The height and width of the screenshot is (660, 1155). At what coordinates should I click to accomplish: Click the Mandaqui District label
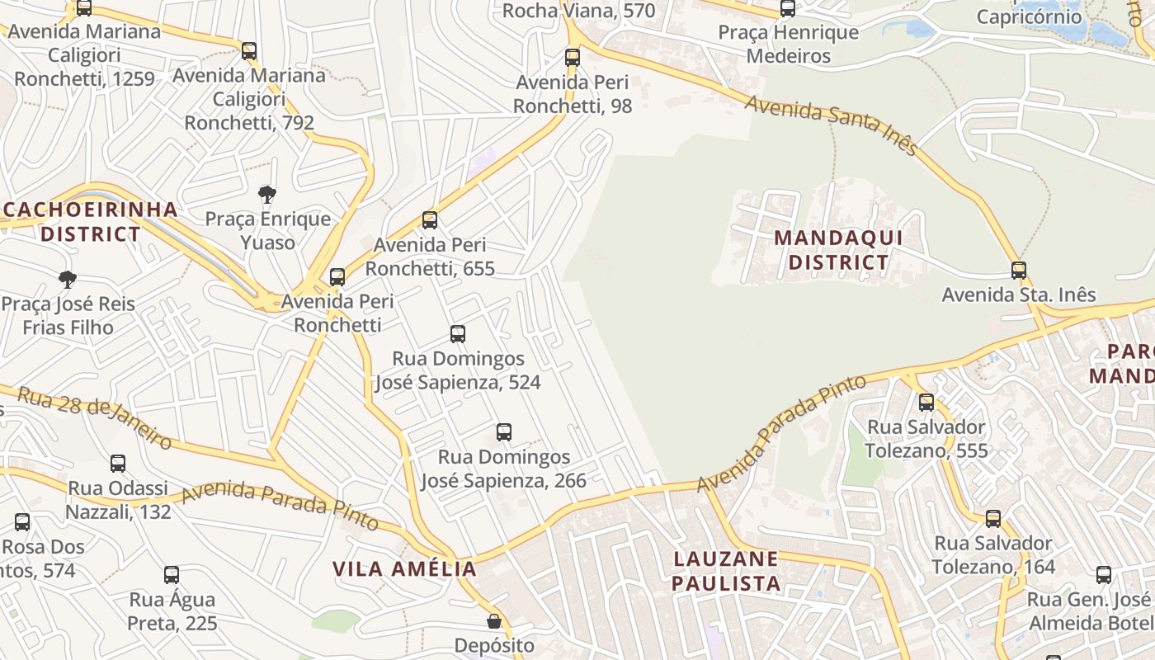838,251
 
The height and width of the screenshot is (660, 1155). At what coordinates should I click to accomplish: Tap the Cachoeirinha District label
91,221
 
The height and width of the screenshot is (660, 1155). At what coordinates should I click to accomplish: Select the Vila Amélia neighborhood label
404,568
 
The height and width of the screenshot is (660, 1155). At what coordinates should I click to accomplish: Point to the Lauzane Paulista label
726,571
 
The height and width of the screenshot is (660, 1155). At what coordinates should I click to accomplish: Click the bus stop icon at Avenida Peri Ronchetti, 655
430,220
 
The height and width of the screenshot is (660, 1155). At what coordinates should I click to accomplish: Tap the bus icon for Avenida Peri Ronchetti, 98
573,58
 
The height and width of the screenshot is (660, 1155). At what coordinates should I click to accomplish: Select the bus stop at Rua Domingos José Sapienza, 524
458,334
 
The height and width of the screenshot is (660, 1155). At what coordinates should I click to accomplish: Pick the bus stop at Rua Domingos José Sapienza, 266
504,432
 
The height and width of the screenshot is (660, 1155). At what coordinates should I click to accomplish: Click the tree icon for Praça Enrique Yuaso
266,195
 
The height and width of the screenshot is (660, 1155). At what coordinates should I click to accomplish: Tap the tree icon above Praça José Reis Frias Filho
68,280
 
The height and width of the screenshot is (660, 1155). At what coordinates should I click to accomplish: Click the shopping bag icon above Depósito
494,621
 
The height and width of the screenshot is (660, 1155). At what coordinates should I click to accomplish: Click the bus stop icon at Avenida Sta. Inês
1019,271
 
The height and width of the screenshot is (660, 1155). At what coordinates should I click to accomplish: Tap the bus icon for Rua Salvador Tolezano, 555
926,403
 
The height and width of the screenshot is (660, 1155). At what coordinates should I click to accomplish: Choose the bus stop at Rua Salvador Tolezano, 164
993,519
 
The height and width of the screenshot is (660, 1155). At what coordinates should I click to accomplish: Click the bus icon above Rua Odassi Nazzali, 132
118,464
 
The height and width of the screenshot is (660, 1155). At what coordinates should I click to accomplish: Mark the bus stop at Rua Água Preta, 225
172,575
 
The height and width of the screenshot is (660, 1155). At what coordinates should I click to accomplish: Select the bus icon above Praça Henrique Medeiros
788,9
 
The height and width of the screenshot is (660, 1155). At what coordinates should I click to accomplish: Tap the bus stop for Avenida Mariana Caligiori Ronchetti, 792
249,51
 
